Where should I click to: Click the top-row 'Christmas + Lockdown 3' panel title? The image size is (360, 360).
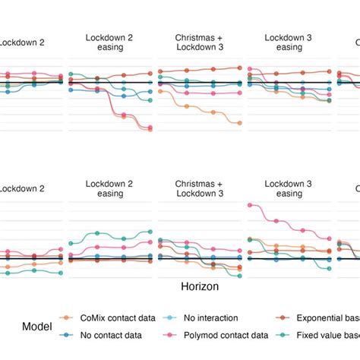[200, 43]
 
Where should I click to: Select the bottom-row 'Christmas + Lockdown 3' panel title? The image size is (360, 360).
[200, 188]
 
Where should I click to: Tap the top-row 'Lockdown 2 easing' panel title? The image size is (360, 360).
[110, 43]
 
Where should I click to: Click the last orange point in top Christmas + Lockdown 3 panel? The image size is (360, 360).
[240, 122]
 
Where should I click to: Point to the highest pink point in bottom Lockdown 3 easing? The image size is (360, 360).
[250, 205]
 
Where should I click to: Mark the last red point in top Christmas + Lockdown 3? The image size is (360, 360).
[240, 68]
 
